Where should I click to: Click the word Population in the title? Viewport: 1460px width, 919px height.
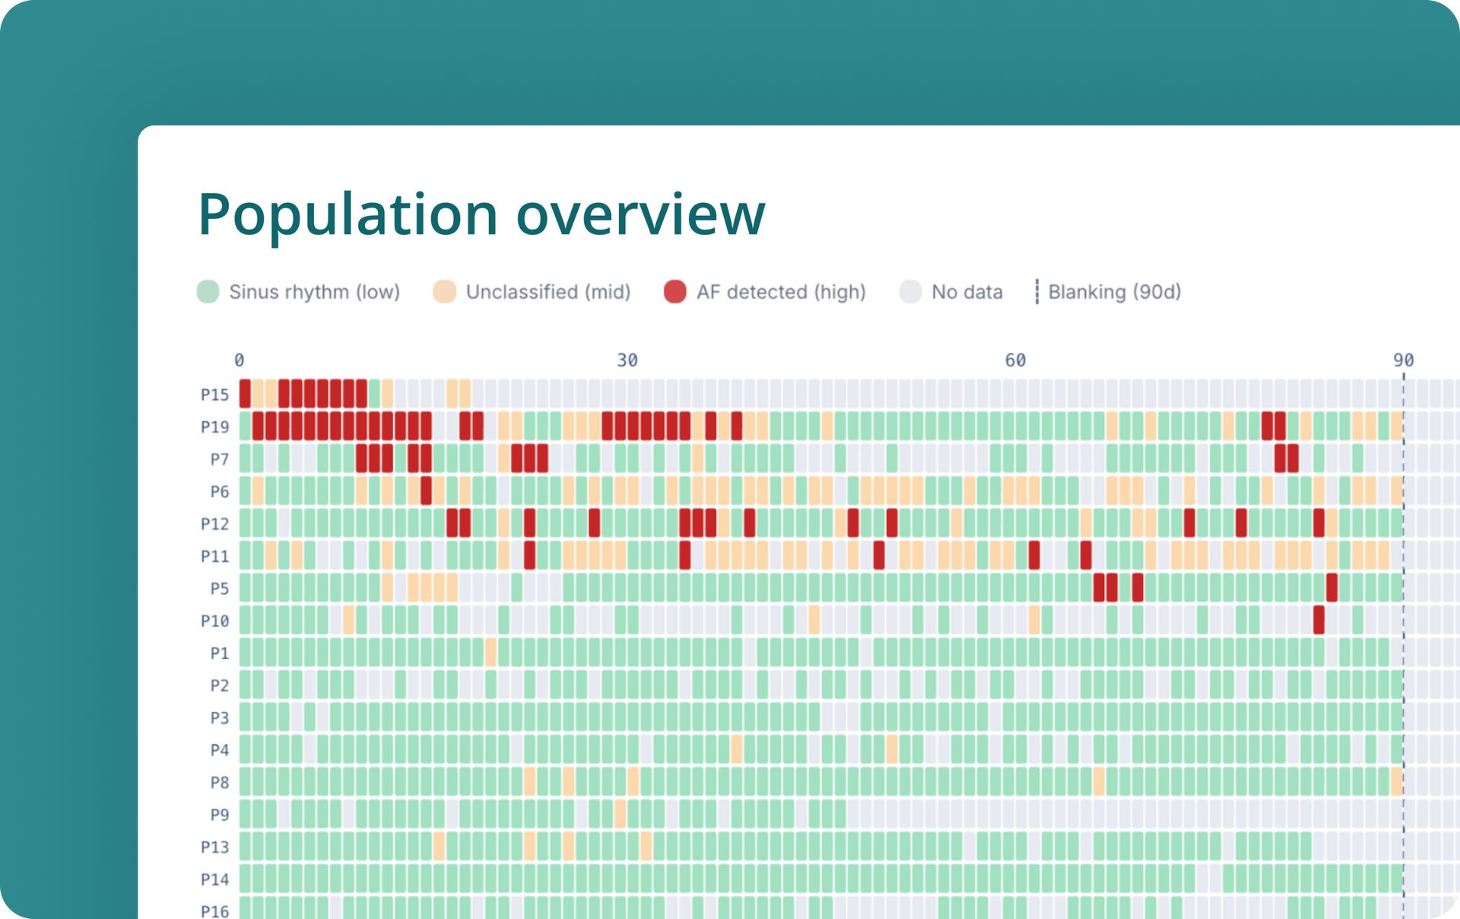pos(348,215)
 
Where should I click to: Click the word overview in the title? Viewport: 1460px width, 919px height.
pos(640,215)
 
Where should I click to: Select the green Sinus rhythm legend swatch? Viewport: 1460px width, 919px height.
pos(208,292)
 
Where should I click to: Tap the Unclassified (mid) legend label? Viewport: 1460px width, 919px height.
pos(547,292)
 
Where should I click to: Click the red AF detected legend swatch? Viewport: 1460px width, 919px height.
pos(674,292)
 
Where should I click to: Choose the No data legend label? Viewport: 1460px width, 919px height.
pos(966,292)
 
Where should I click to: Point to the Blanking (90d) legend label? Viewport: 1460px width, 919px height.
pos(1114,292)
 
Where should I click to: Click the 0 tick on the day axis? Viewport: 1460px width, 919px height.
pos(240,360)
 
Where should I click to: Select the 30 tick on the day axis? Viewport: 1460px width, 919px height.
pos(627,360)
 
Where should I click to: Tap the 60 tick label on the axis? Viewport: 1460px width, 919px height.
pos(1015,360)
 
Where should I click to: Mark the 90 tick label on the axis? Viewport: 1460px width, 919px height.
pos(1403,360)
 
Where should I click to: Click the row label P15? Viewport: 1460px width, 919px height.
pos(214,395)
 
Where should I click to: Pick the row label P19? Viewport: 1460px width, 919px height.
pos(214,427)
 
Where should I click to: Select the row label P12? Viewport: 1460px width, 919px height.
pos(214,524)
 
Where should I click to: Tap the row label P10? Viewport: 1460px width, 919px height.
pos(214,621)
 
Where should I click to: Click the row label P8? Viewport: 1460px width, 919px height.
pos(219,782)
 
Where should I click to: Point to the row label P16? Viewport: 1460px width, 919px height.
pos(214,911)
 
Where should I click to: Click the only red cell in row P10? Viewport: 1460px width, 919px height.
pos(1319,620)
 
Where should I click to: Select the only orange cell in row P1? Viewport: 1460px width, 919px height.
pos(490,653)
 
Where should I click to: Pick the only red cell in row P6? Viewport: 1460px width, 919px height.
pos(426,491)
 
